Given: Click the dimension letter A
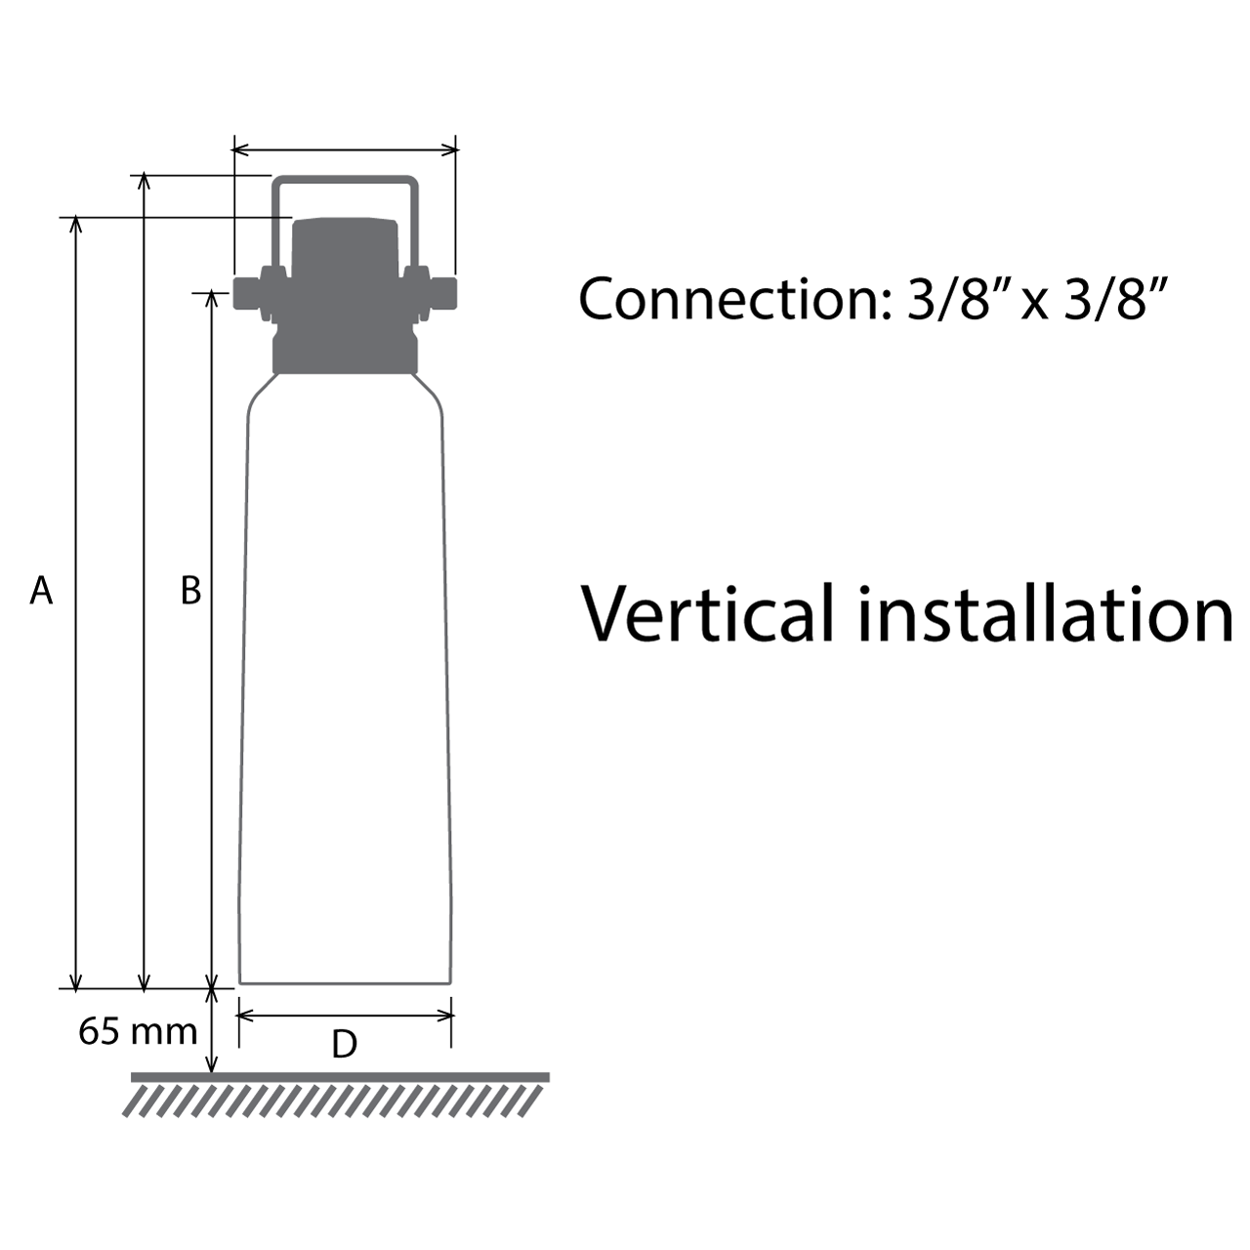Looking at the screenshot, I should click(40, 590).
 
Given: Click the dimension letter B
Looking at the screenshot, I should click(190, 590).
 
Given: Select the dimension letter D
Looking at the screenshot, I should click(344, 1044).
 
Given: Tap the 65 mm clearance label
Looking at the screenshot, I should click(138, 1030).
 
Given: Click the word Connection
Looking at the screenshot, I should click(730, 298).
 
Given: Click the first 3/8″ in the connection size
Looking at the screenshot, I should click(956, 298).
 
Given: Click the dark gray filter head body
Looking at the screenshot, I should click(345, 293).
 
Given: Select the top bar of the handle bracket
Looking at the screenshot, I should click(345, 181).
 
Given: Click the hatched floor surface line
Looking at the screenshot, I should click(340, 1077).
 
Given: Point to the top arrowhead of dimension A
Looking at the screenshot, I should click(77, 225).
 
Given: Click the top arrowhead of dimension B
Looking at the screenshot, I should click(211, 299).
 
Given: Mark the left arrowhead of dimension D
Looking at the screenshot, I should click(245, 1016).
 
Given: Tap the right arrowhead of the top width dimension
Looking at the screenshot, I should click(450, 149).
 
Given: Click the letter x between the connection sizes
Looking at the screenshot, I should click(1035, 303).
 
